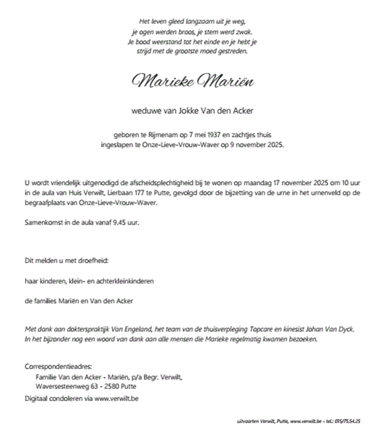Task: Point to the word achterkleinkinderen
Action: coord(129,281)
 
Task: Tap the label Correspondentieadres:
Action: coord(59,367)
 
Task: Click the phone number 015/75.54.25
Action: coord(347,421)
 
